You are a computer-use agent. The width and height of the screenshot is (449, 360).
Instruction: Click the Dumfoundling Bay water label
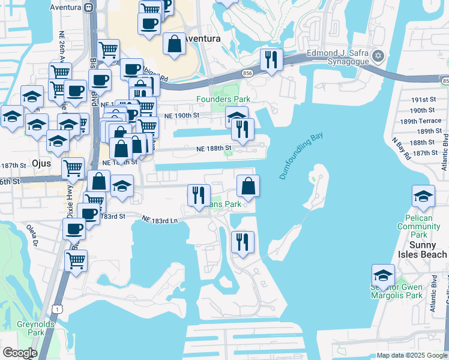pos(301,156)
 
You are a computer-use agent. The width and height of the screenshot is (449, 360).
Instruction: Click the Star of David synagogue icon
pos(378,56)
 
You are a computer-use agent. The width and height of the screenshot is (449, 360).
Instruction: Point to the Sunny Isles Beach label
pos(420,250)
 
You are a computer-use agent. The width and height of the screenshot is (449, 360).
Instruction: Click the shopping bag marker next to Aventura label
pos(173,45)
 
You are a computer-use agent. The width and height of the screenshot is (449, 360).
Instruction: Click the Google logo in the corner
pos(20,353)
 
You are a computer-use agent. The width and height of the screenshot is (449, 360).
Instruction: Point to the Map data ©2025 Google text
pos(412,355)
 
